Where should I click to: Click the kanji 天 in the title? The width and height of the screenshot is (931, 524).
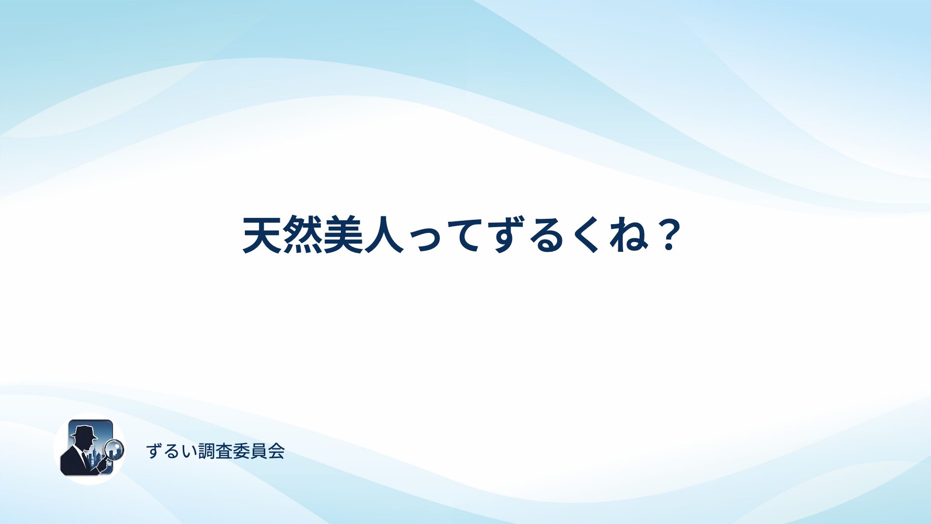[262, 235]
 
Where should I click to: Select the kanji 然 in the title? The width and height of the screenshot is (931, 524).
[303, 235]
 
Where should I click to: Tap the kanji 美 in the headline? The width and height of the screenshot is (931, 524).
[343, 235]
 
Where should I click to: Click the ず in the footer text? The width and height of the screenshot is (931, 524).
[154, 451]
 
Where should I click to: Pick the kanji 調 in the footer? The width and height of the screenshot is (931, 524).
[207, 451]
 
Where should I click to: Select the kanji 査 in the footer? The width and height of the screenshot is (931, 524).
[224, 451]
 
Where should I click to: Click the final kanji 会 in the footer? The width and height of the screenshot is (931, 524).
[276, 451]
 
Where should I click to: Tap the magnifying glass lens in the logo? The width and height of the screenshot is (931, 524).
[114, 450]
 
